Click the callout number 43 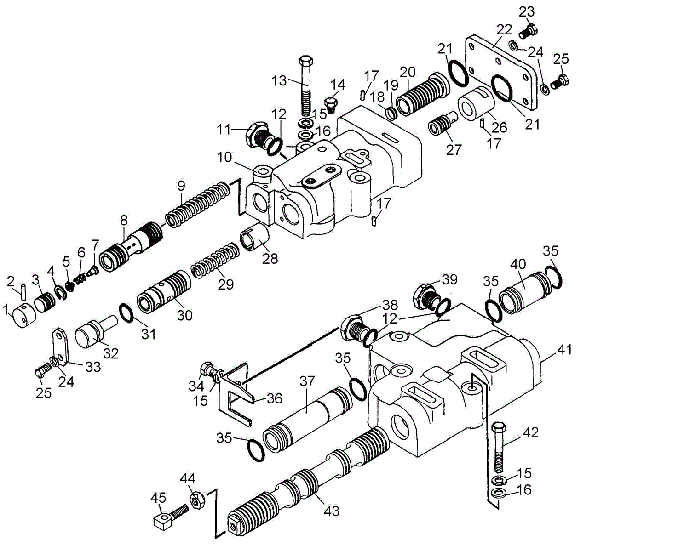pyautogui.click(x=332, y=511)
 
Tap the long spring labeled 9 pyautogui.click(x=197, y=204)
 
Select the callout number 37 pyautogui.click(x=307, y=381)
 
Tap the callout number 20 pyautogui.click(x=408, y=72)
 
